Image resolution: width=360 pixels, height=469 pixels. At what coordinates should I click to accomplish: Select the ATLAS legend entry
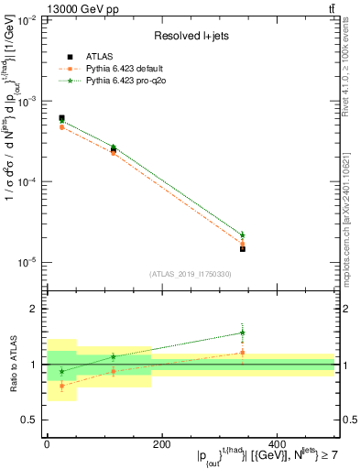88,57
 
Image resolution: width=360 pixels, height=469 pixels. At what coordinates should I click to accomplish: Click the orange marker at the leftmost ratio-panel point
61,386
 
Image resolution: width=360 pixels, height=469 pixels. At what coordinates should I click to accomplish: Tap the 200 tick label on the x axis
161,443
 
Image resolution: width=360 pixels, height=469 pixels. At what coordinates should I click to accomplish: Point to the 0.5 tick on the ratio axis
34,420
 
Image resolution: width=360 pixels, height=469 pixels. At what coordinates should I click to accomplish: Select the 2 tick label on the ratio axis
37,310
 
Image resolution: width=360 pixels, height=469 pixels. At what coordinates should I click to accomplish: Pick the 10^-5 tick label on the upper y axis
27,263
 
